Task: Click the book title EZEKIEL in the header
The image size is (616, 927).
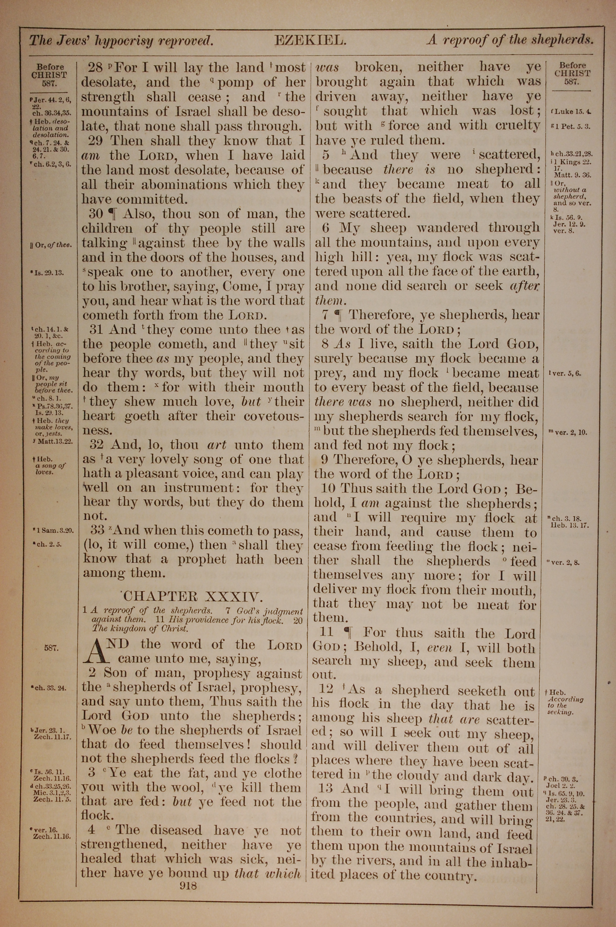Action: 310,40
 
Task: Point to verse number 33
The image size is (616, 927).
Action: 97,530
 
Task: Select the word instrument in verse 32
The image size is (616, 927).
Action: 199,488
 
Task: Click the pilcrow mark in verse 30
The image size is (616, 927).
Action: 112,214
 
